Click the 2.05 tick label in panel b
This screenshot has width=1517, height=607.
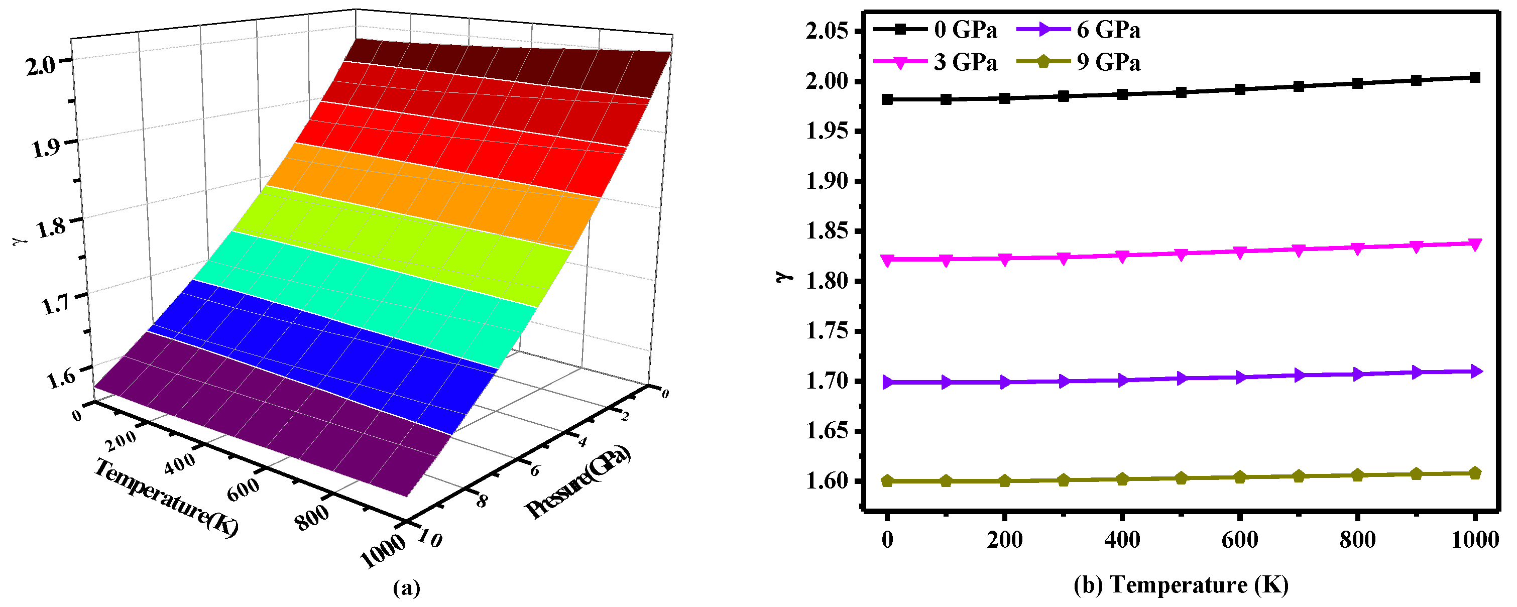(x=827, y=31)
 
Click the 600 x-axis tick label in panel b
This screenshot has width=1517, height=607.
(x=1240, y=539)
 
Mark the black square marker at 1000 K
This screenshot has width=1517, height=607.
(x=1475, y=78)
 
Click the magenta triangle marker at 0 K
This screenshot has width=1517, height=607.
(x=887, y=260)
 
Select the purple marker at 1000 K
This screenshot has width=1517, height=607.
(x=1475, y=371)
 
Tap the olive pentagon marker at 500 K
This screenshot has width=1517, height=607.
(x=1181, y=478)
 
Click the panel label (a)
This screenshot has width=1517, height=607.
(x=406, y=587)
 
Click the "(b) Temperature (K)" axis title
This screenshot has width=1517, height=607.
(x=1181, y=584)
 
